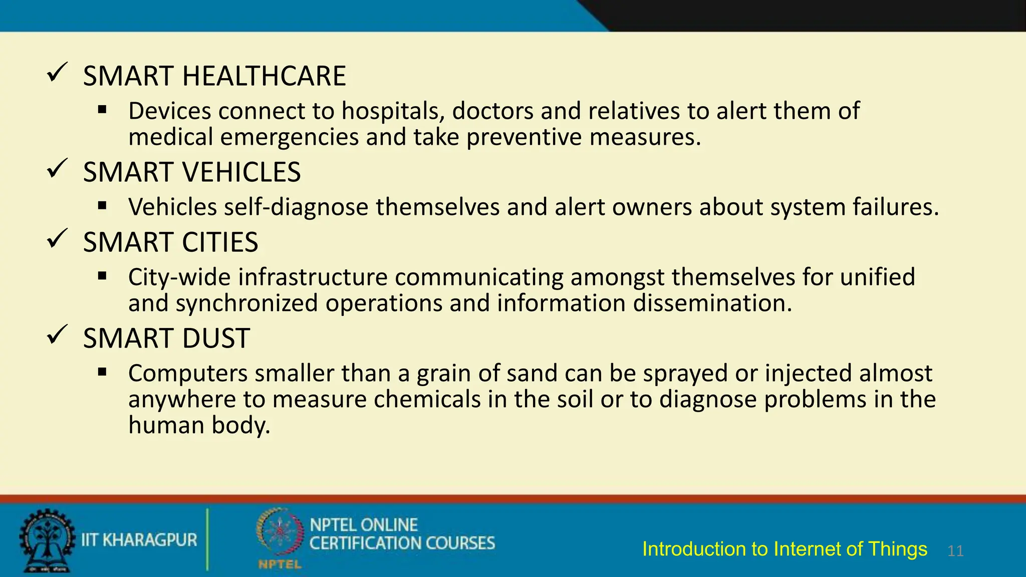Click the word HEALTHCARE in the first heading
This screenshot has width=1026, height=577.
[x=264, y=76]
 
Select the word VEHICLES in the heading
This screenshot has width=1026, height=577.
[x=241, y=172]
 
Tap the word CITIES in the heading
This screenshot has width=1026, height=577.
[x=220, y=242]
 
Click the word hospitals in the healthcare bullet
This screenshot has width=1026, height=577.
[x=393, y=111]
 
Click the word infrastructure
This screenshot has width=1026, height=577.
[x=313, y=277]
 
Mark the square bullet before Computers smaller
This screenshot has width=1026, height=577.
[x=103, y=372]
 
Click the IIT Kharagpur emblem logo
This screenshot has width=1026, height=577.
[x=47, y=540]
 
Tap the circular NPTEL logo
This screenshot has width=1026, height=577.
[x=280, y=533]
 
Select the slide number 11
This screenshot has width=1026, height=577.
[x=955, y=551]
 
